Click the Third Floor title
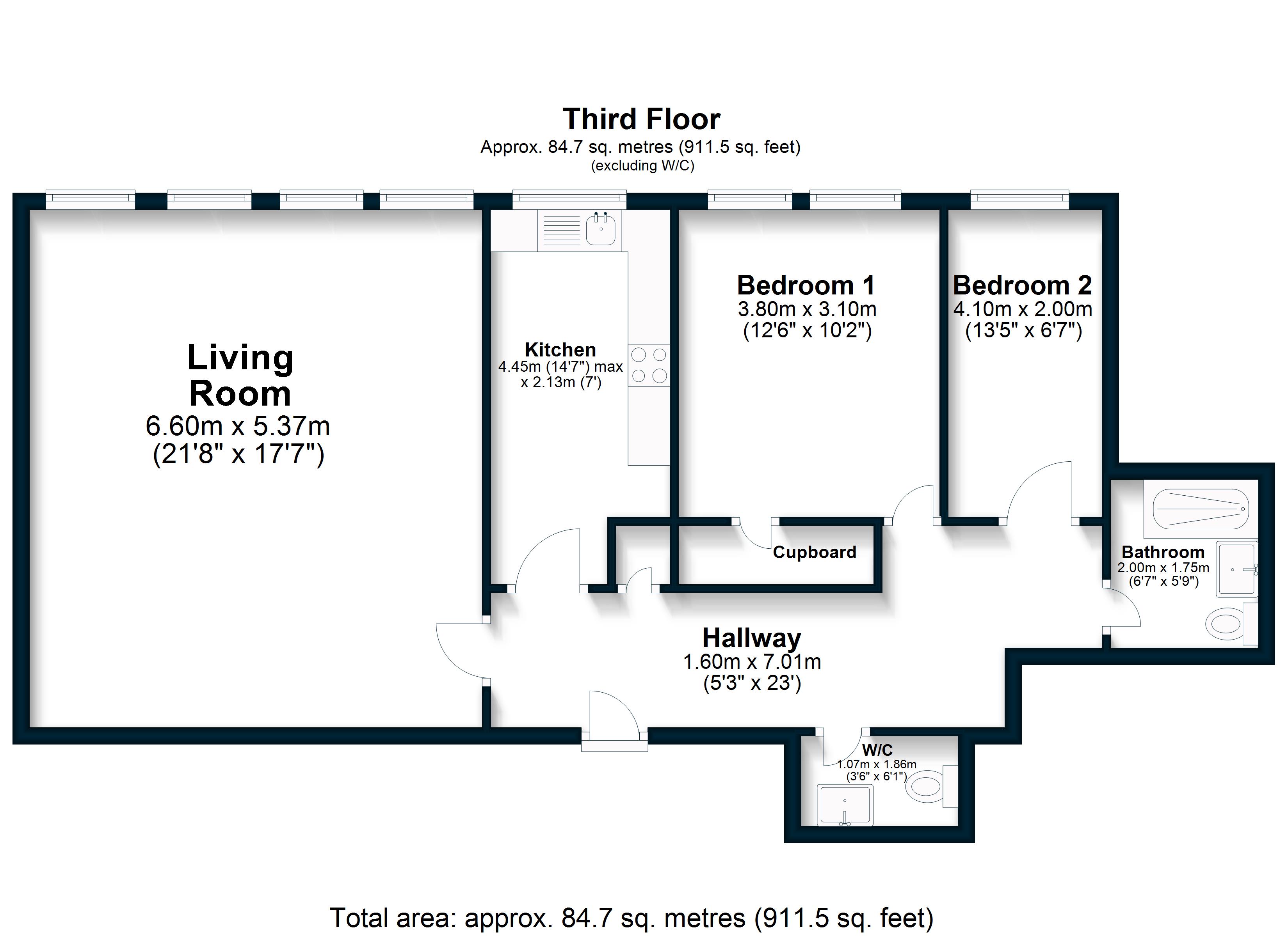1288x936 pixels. click(641, 119)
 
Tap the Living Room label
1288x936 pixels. click(240, 375)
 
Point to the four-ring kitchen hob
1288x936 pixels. click(649, 365)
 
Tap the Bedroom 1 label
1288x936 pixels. click(806, 285)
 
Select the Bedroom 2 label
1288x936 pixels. click(1022, 285)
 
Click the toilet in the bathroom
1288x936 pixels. click(1227, 624)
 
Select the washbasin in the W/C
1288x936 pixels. click(845, 805)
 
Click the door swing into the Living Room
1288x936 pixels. click(460, 651)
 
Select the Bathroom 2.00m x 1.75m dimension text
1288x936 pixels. click(1163, 567)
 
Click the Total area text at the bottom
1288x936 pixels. click(632, 918)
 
